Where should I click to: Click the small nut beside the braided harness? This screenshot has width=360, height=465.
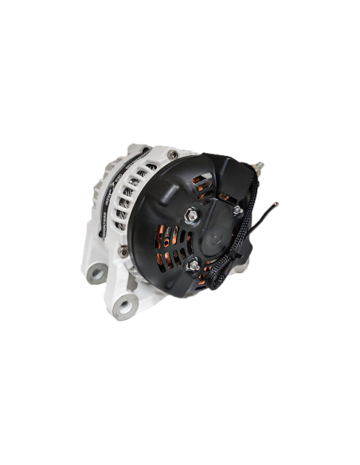[237, 209]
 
